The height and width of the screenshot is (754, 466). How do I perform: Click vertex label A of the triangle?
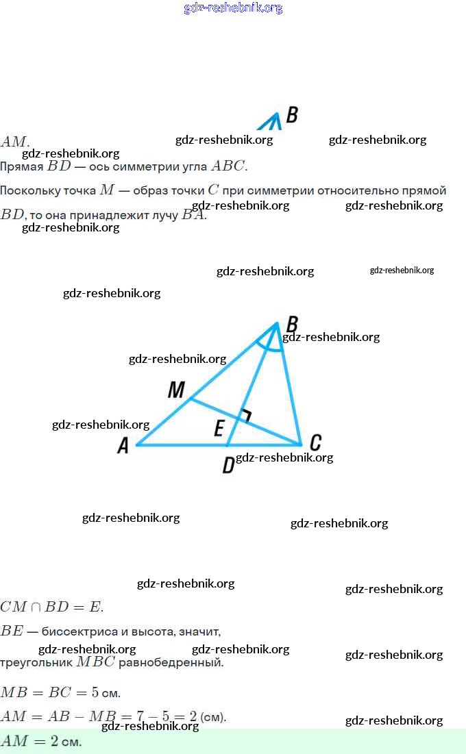123,446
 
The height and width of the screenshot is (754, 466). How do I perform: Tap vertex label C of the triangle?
315,442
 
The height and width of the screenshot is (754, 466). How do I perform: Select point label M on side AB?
176,390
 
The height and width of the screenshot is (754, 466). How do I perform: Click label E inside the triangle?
219,429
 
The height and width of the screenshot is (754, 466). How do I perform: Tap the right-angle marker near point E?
245,415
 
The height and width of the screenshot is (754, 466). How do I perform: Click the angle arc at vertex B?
269,346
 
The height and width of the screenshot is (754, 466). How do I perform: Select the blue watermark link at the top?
233,8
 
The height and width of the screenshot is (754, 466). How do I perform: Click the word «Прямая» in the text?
22,166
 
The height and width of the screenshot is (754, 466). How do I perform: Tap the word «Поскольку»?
30,190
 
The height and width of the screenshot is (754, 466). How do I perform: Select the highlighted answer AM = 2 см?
41,742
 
